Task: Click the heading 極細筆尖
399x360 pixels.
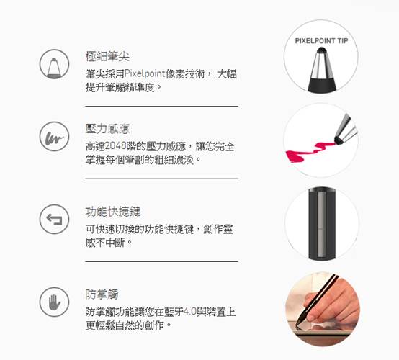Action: pos(107,56)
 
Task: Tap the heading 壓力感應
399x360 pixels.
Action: pos(107,129)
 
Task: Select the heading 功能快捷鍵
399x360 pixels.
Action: pos(113,212)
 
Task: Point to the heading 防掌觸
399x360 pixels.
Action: pos(102,294)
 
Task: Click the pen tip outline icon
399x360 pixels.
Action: pos(54,64)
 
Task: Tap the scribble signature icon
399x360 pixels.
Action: pos(54,136)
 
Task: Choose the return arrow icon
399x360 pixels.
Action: pos(54,219)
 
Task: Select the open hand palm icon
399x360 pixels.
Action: pos(54,302)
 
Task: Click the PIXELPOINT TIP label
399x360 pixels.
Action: pos(321,41)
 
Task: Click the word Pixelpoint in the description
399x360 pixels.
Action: pos(145,73)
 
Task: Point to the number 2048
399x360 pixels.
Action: pos(116,146)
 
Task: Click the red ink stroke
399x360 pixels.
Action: pos(309,151)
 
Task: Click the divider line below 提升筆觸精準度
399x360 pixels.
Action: pos(161,106)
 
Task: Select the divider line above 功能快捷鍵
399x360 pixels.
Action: pos(161,179)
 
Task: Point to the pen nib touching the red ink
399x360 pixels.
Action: pos(339,140)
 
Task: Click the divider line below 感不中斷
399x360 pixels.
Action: pos(161,261)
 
